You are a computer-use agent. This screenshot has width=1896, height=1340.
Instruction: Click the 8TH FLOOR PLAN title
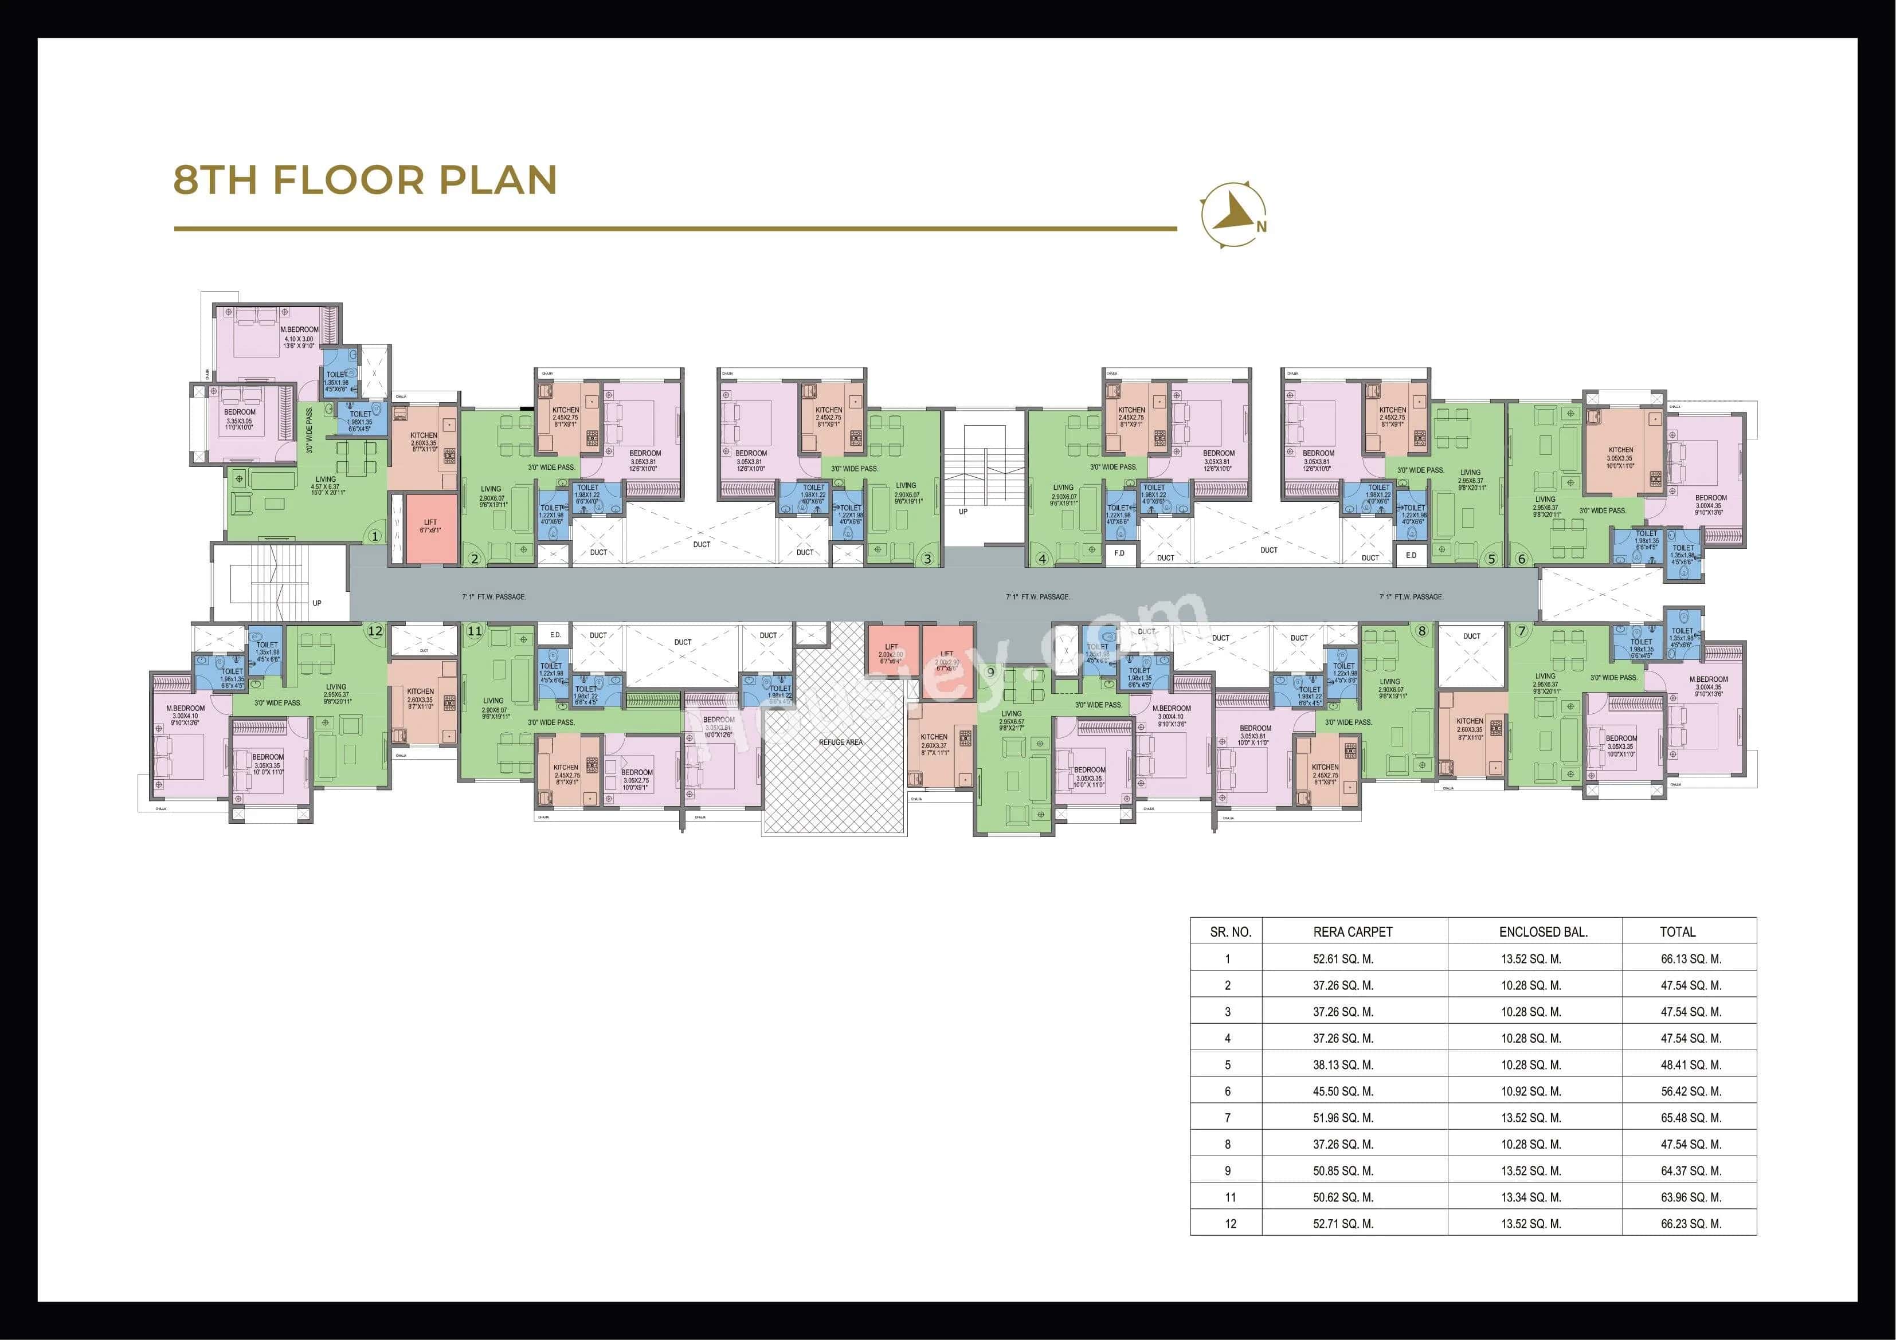click(x=365, y=180)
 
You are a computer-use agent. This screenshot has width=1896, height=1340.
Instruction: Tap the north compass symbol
click(x=1233, y=215)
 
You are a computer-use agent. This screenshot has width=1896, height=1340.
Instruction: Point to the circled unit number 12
click(x=375, y=631)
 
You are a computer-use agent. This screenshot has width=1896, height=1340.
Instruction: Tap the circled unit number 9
click(x=990, y=671)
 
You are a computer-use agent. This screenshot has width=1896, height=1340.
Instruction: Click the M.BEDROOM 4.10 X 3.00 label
click(x=299, y=337)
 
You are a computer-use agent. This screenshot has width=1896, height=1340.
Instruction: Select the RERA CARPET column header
click(x=1353, y=932)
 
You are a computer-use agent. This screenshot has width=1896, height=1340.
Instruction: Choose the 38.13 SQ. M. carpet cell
click(x=1343, y=1065)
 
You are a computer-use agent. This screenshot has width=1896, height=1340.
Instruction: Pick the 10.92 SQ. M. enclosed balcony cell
click(x=1531, y=1091)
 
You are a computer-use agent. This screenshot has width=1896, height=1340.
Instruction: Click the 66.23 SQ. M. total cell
click(x=1690, y=1224)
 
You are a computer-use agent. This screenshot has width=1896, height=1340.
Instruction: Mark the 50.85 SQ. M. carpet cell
click(x=1343, y=1171)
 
